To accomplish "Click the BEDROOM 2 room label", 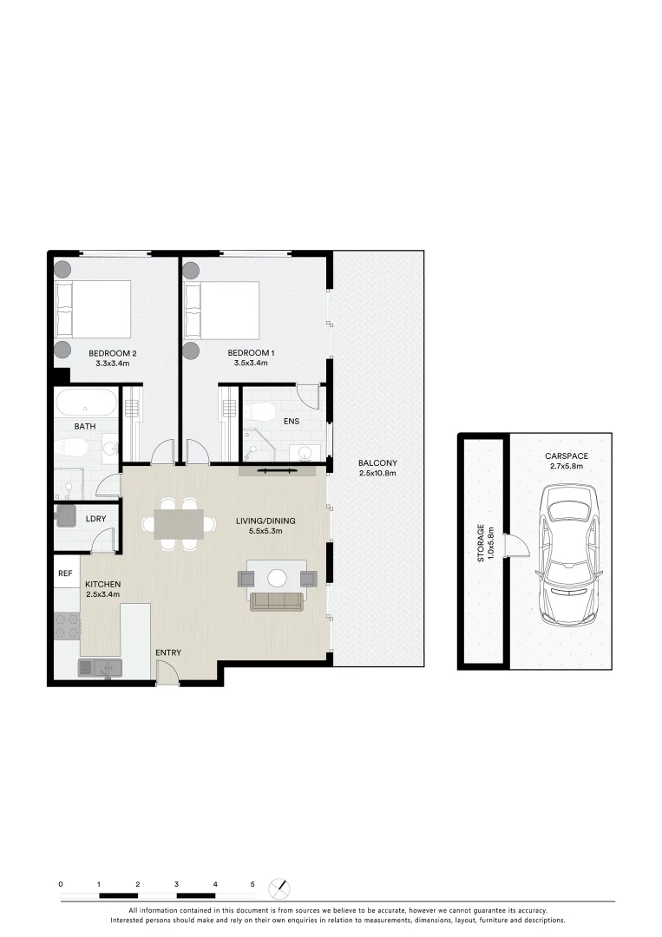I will pos(113,353).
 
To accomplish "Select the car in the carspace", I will pos(568,555).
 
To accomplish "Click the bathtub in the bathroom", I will pos(86,403).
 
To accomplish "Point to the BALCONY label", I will pos(377,462).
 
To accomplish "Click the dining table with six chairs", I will pos(179,524).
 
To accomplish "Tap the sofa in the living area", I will pos(278,600).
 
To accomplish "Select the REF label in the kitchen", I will pos(65,573).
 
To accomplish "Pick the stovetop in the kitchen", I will pos(67,626).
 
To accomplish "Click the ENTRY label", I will pos(168,652).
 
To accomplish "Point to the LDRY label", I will pos(95,519).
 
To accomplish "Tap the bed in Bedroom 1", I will pos(223,310).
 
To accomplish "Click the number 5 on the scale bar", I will pos(252,883).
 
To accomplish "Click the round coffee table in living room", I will pos(278,577).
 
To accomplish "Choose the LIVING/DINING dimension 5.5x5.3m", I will pos(265,532).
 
